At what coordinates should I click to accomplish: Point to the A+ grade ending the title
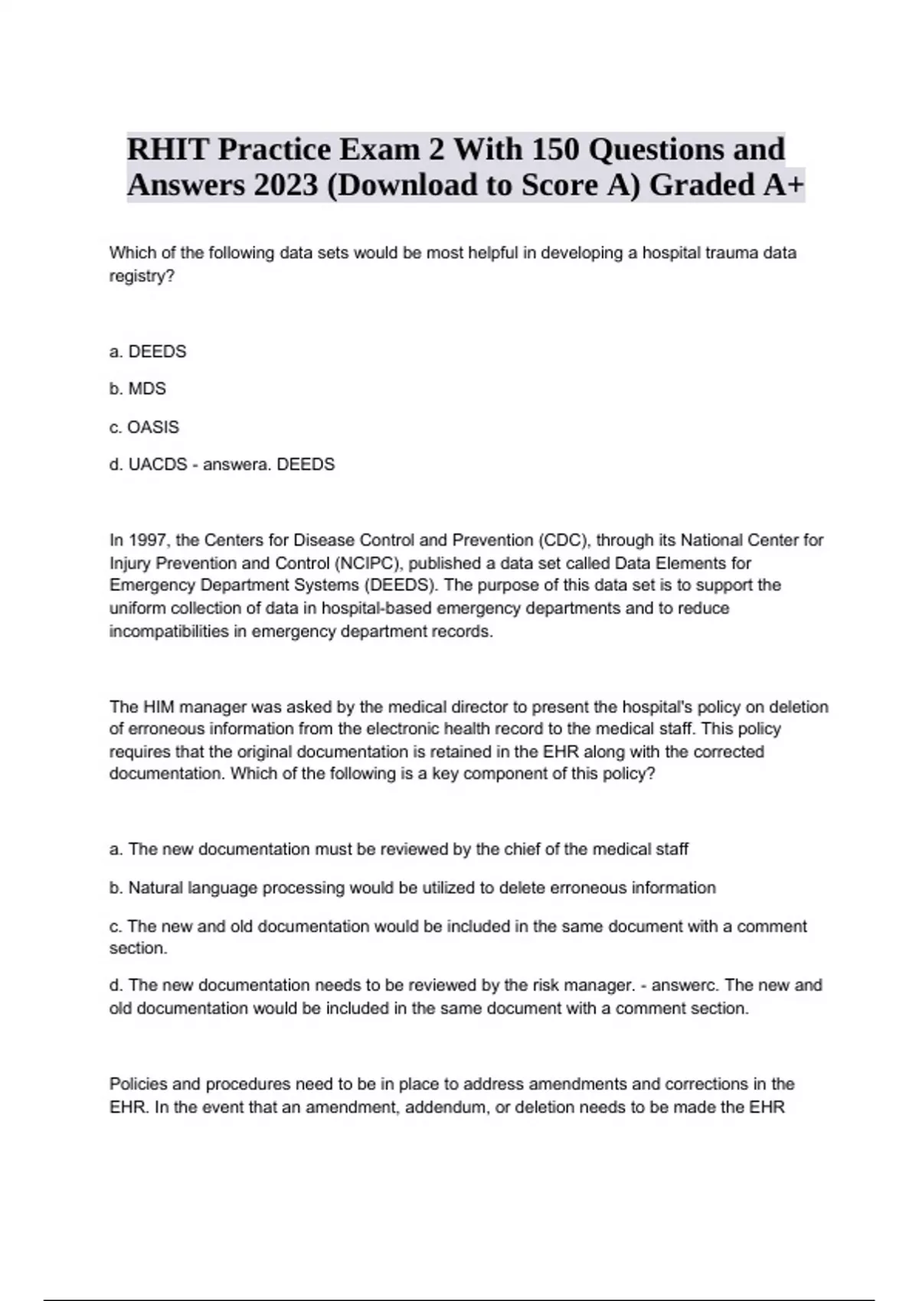[783, 185]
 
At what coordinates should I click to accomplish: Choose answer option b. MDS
[138, 389]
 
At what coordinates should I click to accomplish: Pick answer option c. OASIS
[144, 427]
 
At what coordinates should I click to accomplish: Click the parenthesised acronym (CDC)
[562, 540]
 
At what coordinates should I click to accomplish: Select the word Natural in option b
[155, 888]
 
